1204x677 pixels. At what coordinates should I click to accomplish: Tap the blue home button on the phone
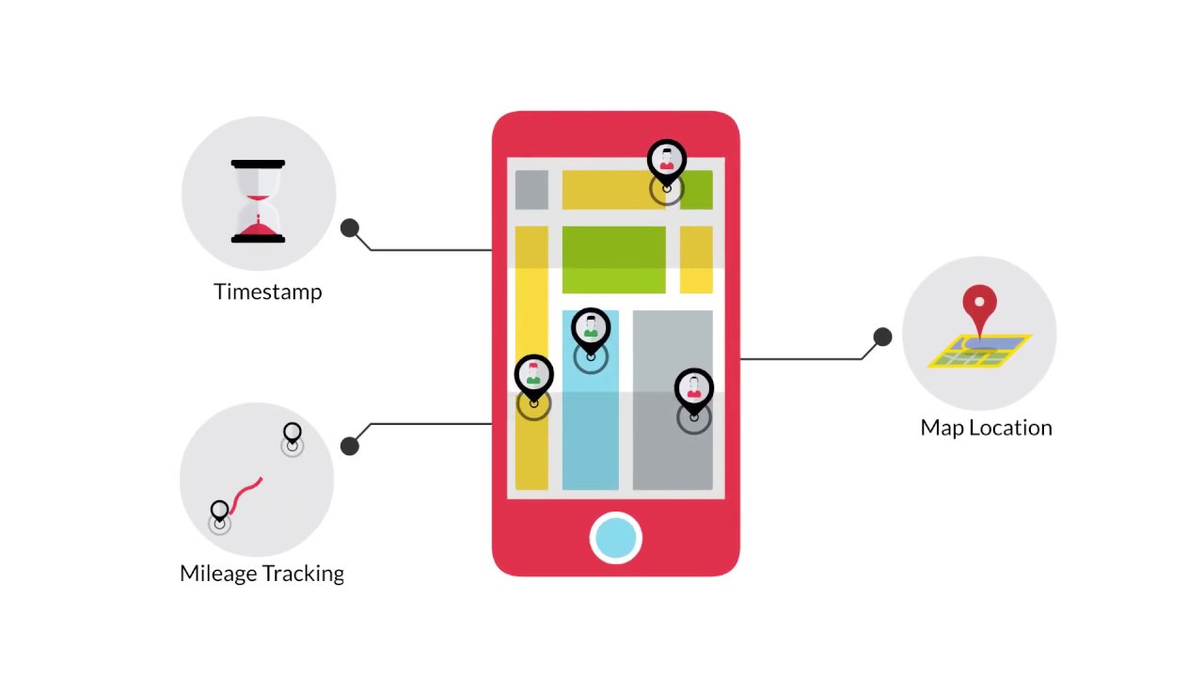(616, 538)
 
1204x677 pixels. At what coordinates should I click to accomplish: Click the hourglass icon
(258, 201)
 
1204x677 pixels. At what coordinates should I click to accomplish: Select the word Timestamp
(268, 291)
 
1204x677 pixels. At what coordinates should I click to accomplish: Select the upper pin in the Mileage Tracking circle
(292, 434)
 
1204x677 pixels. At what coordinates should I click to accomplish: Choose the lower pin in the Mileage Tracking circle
(219, 512)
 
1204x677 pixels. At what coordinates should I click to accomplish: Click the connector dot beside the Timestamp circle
(350, 228)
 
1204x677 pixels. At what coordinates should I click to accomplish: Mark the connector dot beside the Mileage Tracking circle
(350, 446)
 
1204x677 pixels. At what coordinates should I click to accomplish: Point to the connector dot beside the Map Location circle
(882, 337)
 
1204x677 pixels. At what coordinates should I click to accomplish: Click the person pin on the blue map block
(591, 329)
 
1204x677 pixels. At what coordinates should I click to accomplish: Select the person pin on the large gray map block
(694, 389)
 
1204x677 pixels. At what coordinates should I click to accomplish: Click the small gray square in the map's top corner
(531, 190)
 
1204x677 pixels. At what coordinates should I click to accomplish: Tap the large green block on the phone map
(613, 260)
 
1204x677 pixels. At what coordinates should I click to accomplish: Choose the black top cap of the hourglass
(258, 165)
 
